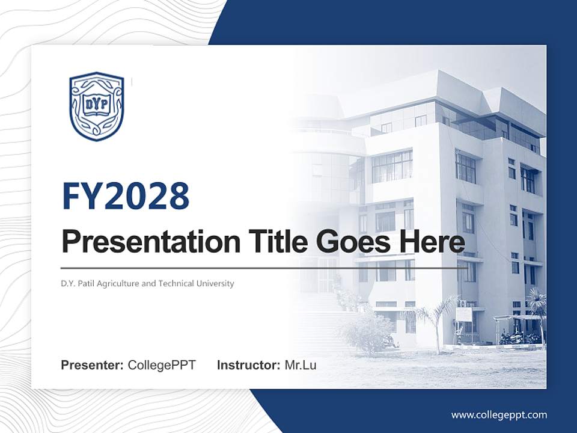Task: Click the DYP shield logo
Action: click(x=97, y=106)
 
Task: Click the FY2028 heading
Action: click(x=126, y=196)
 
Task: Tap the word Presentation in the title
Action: click(x=150, y=242)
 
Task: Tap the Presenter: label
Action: click(x=93, y=365)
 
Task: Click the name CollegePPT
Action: click(x=162, y=365)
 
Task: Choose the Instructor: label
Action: click(x=248, y=365)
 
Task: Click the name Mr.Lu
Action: click(x=301, y=365)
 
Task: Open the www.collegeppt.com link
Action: click(x=499, y=414)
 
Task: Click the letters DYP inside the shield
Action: click(x=96, y=103)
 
